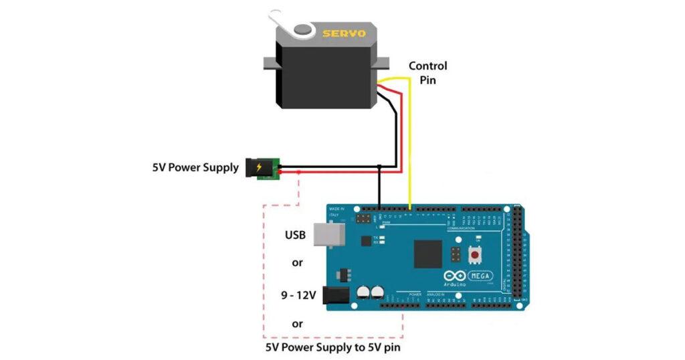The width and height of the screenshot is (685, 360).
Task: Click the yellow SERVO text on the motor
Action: pyautogui.click(x=344, y=33)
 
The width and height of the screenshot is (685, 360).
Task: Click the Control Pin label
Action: pyautogui.click(x=427, y=73)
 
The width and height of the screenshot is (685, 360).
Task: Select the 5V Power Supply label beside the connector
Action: pyautogui.click(x=195, y=168)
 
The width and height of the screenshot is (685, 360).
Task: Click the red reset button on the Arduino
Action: pyautogui.click(x=476, y=255)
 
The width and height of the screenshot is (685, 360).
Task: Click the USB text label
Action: pyautogui.click(x=295, y=235)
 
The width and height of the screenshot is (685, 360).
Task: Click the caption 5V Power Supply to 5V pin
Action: pyautogui.click(x=334, y=347)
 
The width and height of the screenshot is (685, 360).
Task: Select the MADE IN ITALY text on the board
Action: pyautogui.click(x=336, y=211)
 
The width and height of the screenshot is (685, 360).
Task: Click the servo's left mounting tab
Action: pyautogui.click(x=269, y=64)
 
